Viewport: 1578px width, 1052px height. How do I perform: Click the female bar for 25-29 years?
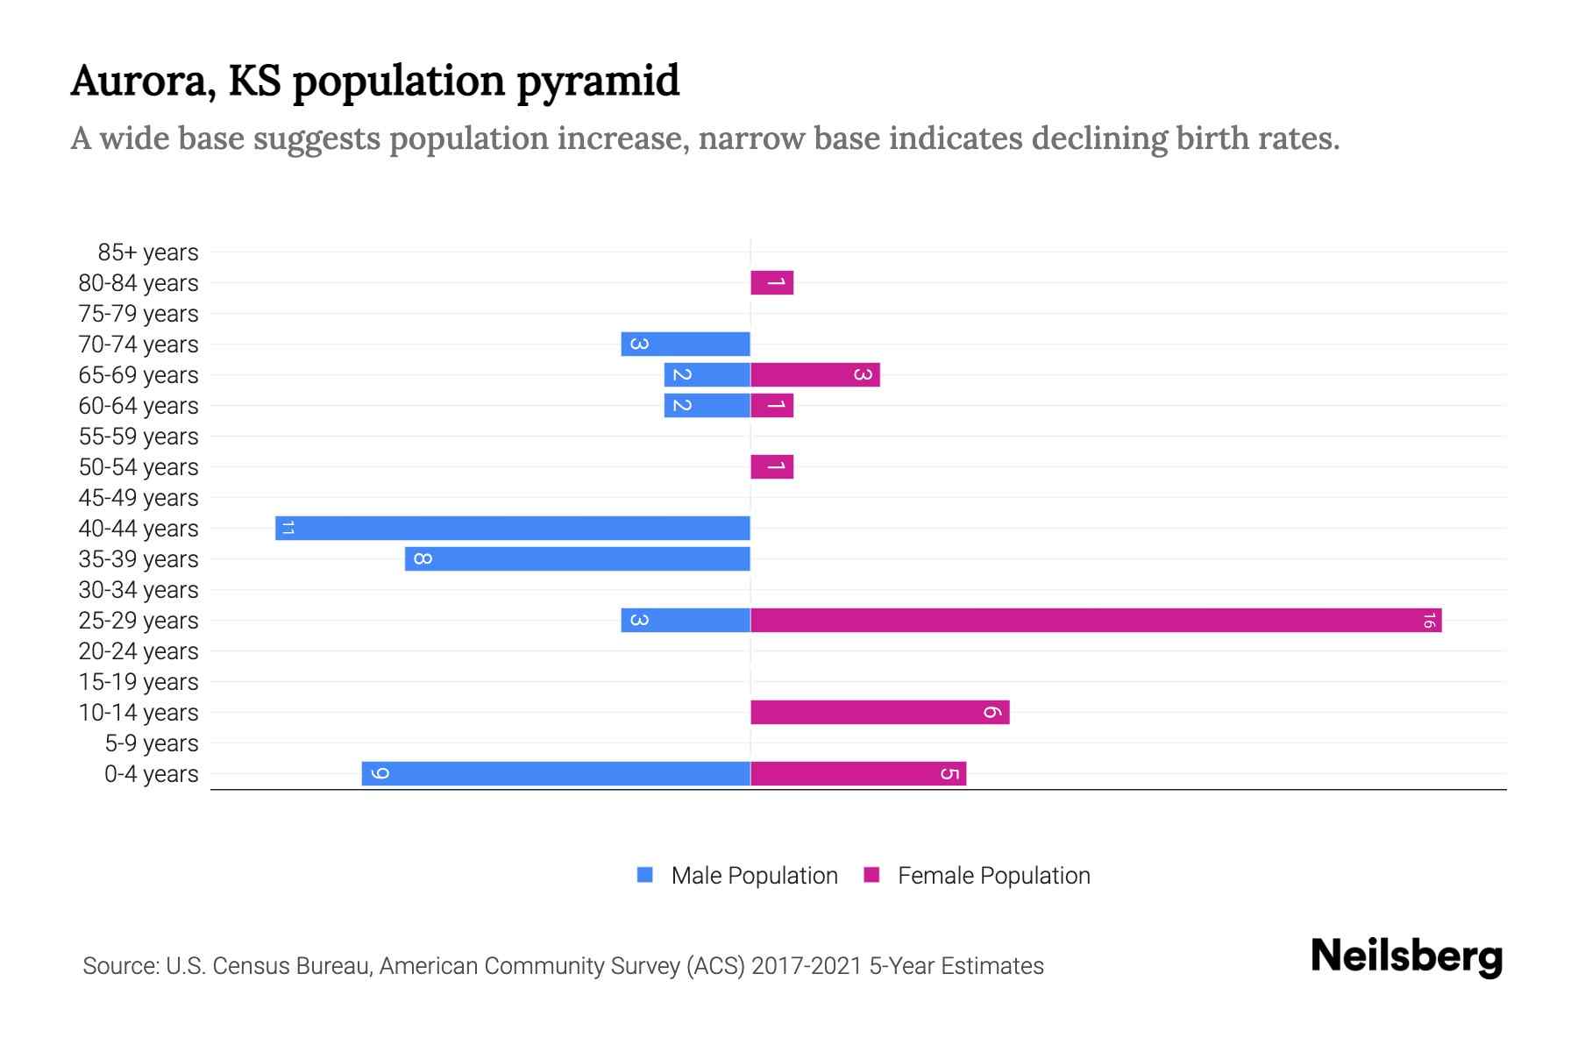click(x=1096, y=621)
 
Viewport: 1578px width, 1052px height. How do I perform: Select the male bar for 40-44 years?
click(x=513, y=529)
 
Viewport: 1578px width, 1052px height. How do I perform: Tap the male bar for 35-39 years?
click(x=578, y=559)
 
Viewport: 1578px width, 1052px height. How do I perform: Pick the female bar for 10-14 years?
click(x=879, y=713)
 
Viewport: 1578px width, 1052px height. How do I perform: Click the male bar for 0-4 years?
click(x=556, y=774)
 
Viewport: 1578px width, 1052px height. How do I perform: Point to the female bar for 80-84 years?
click(x=772, y=283)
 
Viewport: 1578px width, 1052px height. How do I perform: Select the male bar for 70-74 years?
click(x=686, y=345)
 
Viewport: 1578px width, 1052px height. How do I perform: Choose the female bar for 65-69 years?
click(x=815, y=375)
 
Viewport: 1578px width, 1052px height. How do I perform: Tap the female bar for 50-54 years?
click(x=772, y=467)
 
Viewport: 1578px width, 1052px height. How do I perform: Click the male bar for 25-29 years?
click(x=686, y=621)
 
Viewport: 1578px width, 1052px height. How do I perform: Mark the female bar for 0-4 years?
click(x=858, y=774)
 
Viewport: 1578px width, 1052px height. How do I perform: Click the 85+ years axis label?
click(x=148, y=252)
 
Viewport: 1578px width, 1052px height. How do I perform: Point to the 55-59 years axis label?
click(x=139, y=437)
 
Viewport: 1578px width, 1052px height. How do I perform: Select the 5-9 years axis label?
click(x=152, y=743)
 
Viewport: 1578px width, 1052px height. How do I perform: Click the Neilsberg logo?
click(x=1406, y=956)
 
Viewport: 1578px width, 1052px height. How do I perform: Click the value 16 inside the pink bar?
click(x=1428, y=621)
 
